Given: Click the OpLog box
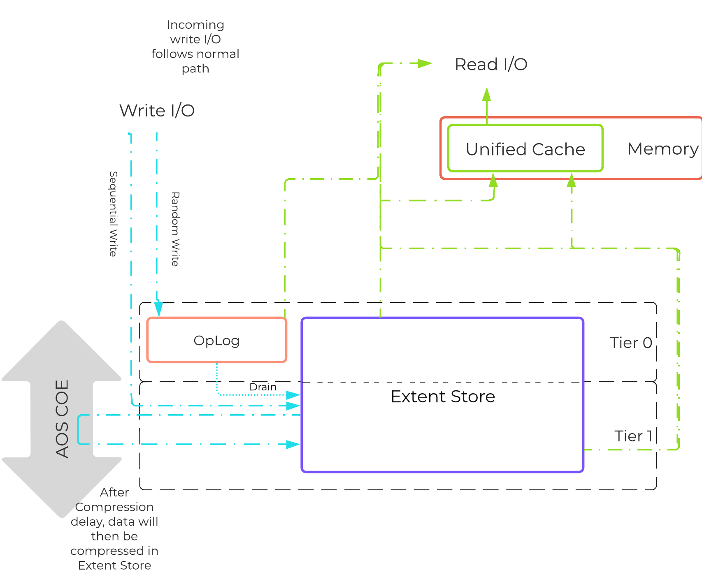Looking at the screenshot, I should pos(216,340).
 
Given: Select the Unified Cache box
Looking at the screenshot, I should pos(525,149).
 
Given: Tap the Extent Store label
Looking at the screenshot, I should pos(443,397).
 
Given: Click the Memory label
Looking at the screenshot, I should pos(662,148).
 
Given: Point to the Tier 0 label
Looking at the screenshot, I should pos(631,343).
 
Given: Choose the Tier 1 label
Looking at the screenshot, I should pos(633,436).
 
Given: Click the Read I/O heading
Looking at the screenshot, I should pos(490,65).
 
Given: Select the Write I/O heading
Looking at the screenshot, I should pos(157,111).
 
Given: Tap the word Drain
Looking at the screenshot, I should pos(263,387).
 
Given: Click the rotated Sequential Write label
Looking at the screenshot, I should pos(113,214).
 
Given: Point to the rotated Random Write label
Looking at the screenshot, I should pos(175,229).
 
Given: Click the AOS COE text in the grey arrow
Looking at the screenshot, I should pos(62,419).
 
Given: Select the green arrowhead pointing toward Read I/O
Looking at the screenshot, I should pos(425,63).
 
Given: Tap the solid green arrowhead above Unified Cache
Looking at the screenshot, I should pos(487,94).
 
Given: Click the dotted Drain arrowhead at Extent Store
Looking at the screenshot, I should pos(293,395).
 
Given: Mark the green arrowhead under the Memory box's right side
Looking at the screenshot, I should pos(571,180).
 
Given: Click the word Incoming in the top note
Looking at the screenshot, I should pos(195,25).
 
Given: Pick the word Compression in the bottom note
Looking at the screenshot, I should pos(114,507).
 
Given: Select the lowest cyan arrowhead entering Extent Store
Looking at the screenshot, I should pos(293,444).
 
